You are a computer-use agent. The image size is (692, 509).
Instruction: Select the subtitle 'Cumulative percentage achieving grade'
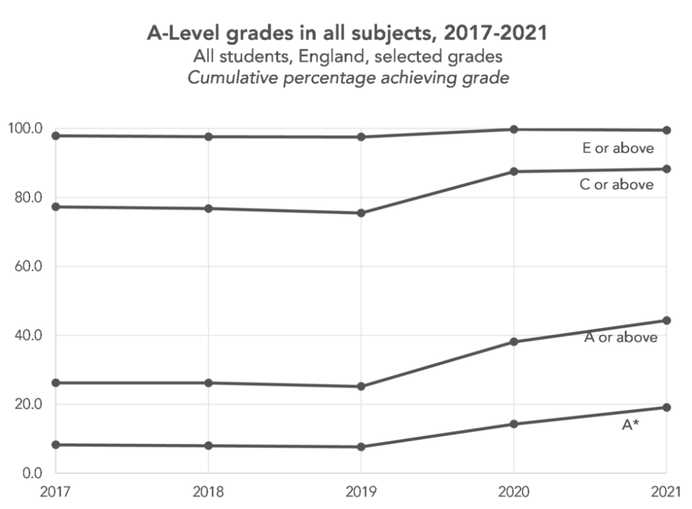347,78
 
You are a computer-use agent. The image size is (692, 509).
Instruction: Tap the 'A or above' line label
621,338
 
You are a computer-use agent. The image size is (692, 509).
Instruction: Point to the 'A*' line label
630,424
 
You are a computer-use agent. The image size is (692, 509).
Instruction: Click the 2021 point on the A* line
666,408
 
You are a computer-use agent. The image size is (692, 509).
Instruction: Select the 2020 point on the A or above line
514,342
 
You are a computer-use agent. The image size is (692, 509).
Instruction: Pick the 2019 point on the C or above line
361,213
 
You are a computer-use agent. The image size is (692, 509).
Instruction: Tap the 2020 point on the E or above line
514,129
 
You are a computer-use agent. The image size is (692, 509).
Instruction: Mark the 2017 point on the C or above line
55,207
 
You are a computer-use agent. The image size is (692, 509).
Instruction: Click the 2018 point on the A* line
208,446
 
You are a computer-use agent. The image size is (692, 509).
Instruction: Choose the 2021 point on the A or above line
666,321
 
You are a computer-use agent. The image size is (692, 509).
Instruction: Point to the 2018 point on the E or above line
208,136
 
